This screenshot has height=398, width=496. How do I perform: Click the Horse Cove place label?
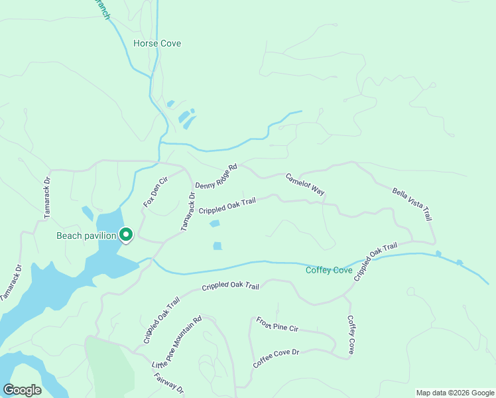157,44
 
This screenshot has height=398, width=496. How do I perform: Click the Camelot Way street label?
305,184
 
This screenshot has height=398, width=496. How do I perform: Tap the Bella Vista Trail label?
412,204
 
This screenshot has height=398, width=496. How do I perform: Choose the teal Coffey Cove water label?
329,270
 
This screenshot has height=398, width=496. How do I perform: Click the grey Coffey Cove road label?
351,334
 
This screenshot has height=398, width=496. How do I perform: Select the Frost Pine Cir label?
277,324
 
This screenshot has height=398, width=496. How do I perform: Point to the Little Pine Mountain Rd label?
176,343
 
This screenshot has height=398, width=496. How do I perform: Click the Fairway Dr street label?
168,384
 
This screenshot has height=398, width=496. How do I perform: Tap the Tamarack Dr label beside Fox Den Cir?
188,212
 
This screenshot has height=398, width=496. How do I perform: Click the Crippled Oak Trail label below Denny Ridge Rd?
227,206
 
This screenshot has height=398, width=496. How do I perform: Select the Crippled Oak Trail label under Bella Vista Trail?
375,262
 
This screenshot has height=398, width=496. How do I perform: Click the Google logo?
22,389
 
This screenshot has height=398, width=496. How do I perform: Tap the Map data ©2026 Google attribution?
454,393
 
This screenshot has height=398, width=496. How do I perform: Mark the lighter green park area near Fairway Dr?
109,365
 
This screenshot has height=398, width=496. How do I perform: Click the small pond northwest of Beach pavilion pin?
88,214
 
